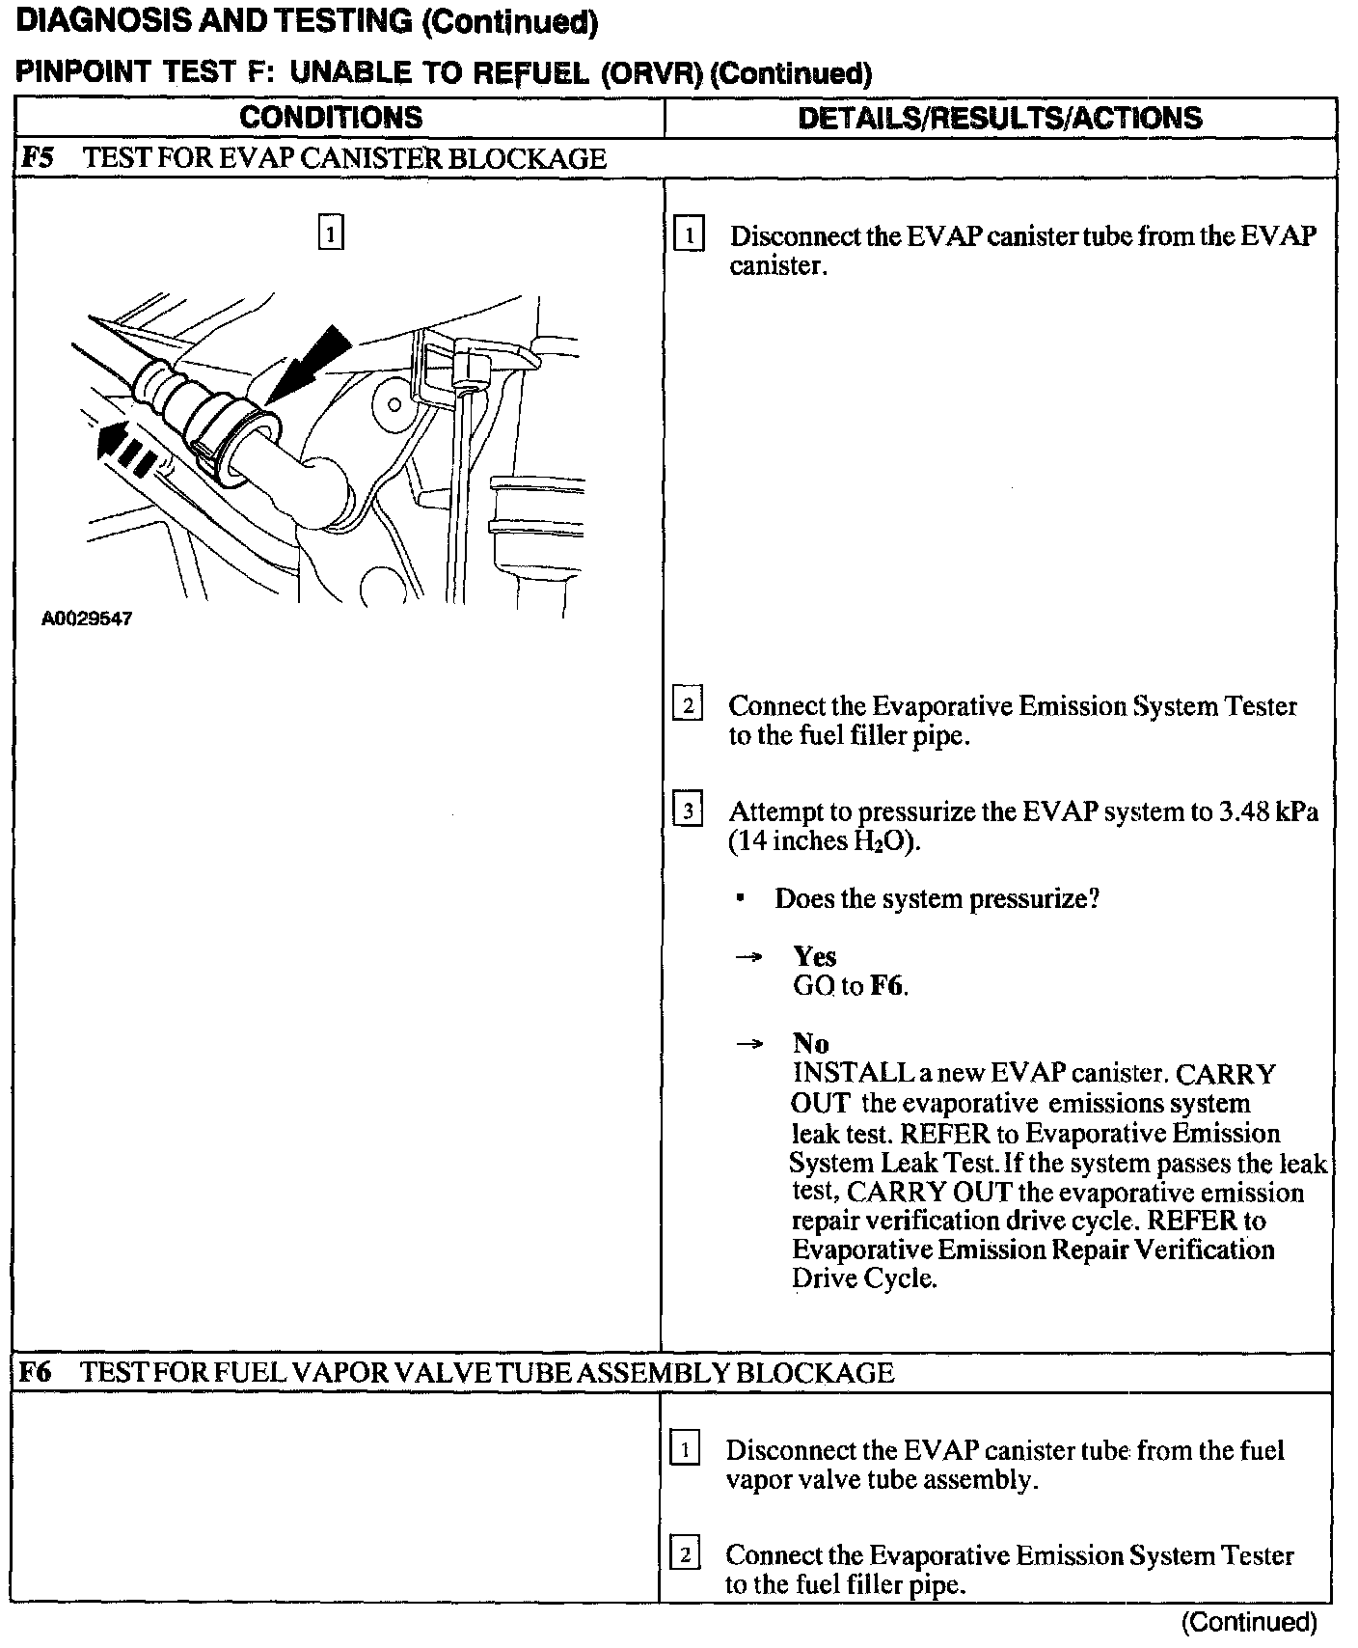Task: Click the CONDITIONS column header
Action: [331, 118]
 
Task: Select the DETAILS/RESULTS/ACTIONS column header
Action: [1000, 118]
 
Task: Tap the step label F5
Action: [37, 158]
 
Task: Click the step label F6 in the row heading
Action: [35, 1372]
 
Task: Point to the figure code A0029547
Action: [87, 618]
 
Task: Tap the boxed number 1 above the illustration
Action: [330, 233]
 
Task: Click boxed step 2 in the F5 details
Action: [687, 705]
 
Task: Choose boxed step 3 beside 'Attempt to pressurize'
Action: [687, 810]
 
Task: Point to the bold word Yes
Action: [815, 956]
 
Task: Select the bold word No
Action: [810, 1043]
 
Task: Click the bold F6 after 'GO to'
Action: [886, 986]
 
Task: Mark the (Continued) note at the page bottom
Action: [1249, 1623]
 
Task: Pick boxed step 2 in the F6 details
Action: [685, 1555]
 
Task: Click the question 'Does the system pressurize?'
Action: [937, 899]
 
